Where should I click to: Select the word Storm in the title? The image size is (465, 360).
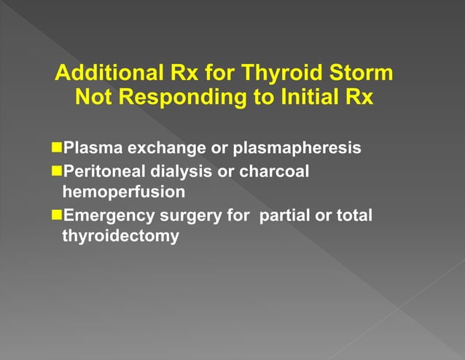(357, 74)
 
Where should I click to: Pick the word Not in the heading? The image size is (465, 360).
(95, 97)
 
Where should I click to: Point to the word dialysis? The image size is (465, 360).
(182, 171)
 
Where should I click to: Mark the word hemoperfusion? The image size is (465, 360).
(120, 193)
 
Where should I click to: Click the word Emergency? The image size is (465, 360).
(107, 215)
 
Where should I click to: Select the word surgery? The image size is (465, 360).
(187, 216)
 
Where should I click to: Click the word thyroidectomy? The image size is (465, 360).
(121, 237)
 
